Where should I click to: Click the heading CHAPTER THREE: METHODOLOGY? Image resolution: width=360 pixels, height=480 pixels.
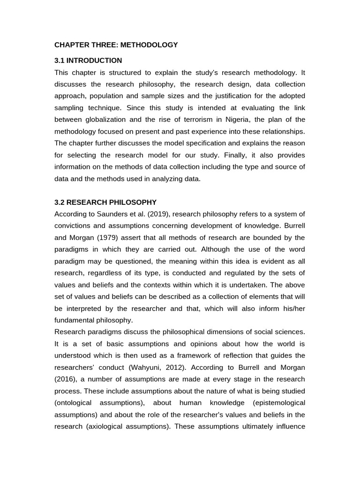[x=116, y=45]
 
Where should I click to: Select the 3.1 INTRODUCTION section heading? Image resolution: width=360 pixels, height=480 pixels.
[x=88, y=60]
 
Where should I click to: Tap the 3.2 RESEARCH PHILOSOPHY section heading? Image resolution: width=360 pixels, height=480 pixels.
[x=105, y=202]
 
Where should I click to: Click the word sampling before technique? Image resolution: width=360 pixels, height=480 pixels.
[x=69, y=108]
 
